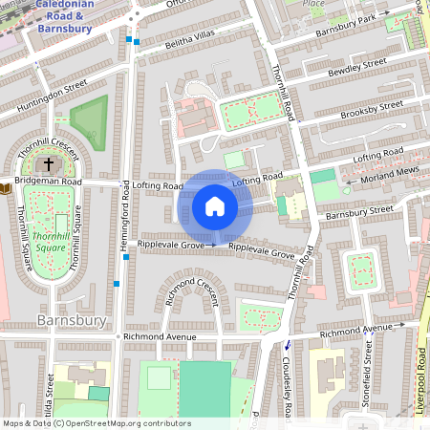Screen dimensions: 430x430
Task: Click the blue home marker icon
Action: pos(215,206)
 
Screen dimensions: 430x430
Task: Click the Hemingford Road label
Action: pos(125,221)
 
